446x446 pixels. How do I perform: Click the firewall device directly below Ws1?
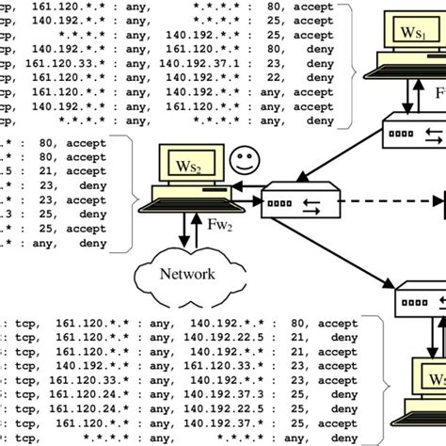coord(414,132)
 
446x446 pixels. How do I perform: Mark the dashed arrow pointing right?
coord(376,199)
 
